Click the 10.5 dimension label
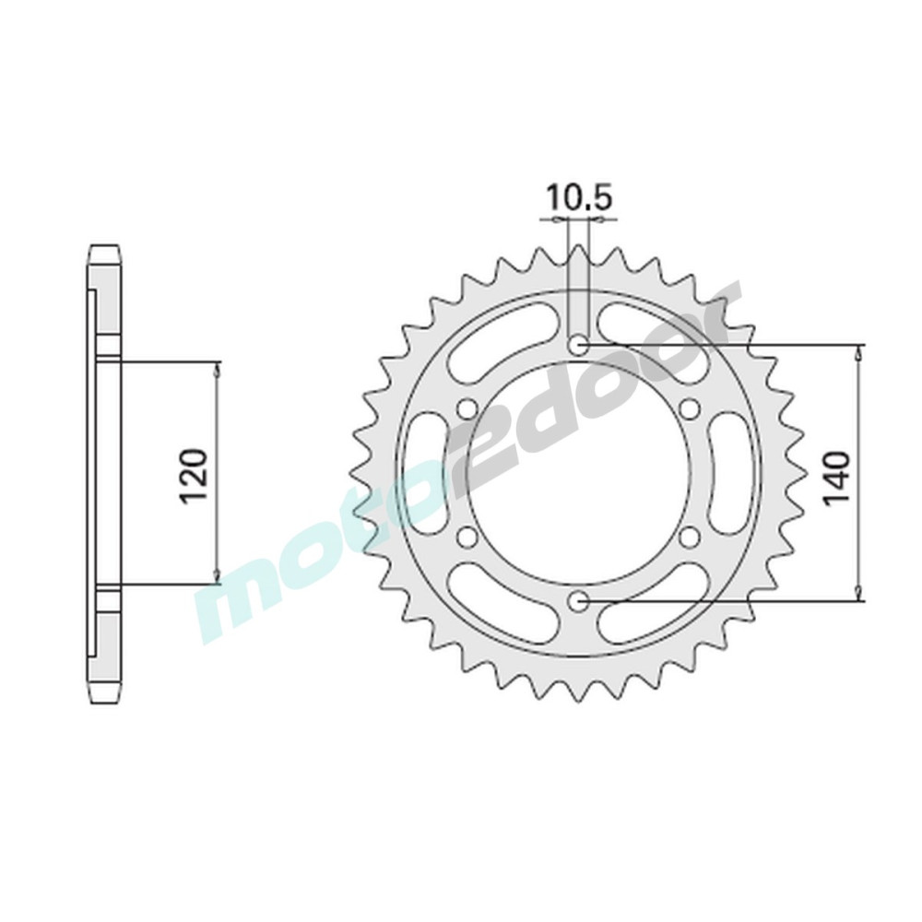point(580,198)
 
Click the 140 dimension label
point(837,477)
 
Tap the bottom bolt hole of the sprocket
point(579,600)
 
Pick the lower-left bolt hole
point(468,537)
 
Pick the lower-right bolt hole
point(689,537)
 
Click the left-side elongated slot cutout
point(424,473)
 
